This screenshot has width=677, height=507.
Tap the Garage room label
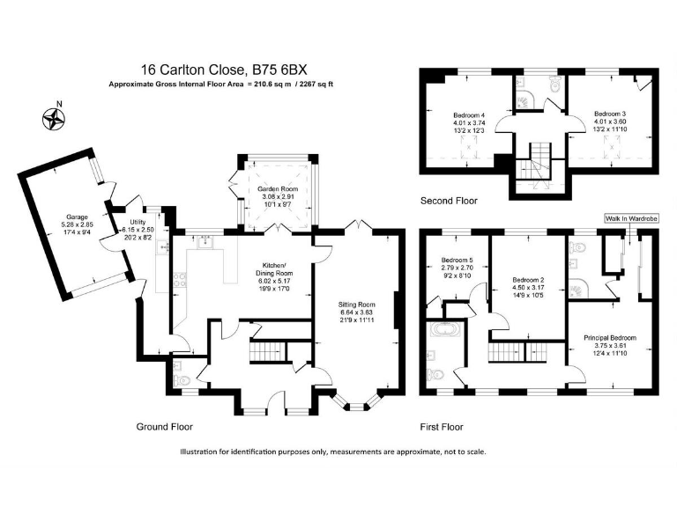pyautogui.click(x=77, y=217)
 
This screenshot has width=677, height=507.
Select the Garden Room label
pyautogui.click(x=278, y=189)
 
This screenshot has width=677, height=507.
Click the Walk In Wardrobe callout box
pyautogui.click(x=631, y=218)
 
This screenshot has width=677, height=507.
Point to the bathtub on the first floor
pyautogui.click(x=445, y=329)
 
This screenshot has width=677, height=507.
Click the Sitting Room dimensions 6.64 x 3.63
pyautogui.click(x=356, y=312)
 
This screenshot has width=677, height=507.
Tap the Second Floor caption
pyautogui.click(x=449, y=201)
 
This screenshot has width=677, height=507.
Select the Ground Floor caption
pyautogui.click(x=165, y=427)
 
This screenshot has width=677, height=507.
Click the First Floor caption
pyautogui.click(x=442, y=427)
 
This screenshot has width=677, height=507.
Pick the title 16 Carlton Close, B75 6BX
pyautogui.click(x=224, y=70)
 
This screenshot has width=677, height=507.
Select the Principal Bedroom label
pyautogui.click(x=610, y=338)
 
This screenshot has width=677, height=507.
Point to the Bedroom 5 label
pyautogui.click(x=457, y=260)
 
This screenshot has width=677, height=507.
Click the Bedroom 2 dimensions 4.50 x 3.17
pyautogui.click(x=528, y=288)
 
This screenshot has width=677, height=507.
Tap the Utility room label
pyautogui.click(x=138, y=222)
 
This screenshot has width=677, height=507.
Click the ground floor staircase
pyautogui.click(x=268, y=351)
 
